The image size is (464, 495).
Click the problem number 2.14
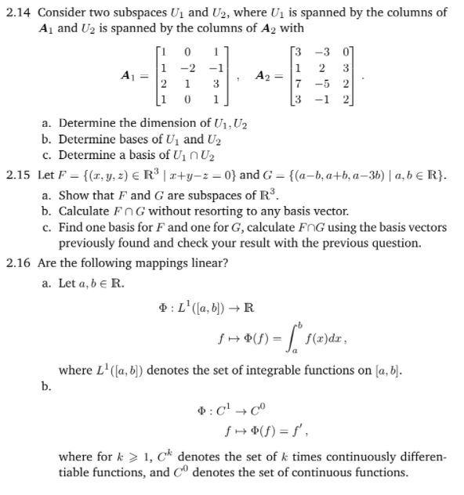click(18, 13)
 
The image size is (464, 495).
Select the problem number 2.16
click(18, 262)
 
